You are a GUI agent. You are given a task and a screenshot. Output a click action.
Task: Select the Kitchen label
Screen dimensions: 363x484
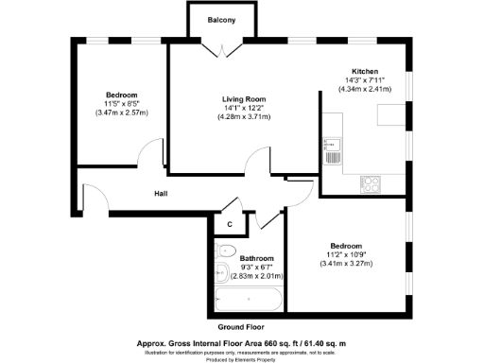[365, 72]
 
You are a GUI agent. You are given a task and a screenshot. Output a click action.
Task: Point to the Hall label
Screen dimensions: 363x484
[162, 193]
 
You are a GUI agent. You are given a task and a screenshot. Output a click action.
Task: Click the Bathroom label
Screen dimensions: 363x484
[256, 258]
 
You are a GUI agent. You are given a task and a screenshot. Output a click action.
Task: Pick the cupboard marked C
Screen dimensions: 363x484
[229, 224]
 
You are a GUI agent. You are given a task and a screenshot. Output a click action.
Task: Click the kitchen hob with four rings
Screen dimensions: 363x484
[371, 185]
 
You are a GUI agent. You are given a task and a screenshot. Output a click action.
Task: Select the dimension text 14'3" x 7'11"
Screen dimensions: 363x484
[365, 80]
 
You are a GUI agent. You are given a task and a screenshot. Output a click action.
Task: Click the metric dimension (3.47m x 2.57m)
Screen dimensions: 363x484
[122, 113]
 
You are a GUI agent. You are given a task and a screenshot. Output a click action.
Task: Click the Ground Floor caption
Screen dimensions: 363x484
[241, 326]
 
